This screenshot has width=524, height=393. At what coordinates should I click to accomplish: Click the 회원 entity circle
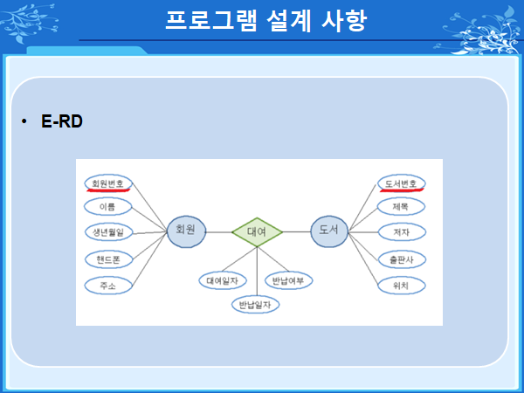coord(186,231)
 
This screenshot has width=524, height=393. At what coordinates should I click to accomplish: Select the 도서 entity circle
coord(329,231)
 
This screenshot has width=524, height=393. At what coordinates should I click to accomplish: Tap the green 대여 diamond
coord(257,231)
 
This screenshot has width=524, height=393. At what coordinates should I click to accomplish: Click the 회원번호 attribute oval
coord(108,183)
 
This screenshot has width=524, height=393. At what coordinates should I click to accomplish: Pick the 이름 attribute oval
coord(108,207)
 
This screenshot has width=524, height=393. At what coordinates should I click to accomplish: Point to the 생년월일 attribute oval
coord(109,232)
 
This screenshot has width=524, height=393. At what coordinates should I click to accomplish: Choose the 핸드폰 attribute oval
coord(108,259)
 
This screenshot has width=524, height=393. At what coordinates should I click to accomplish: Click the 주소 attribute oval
coord(108,286)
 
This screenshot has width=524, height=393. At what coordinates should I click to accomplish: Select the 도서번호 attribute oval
coord(402,183)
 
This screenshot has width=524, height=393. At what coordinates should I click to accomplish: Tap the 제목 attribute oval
coord(402,207)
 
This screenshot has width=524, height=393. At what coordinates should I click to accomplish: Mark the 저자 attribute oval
coord(402,232)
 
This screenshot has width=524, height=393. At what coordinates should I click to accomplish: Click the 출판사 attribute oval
coord(402,259)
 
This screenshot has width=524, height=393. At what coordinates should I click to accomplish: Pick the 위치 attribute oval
coord(402,286)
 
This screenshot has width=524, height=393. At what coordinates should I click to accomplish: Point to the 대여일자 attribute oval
coord(223,280)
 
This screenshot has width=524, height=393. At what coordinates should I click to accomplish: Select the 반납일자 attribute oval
coord(255,305)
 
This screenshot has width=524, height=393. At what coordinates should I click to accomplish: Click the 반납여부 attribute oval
coord(289,280)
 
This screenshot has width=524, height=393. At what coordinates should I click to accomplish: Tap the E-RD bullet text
coord(61,122)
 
